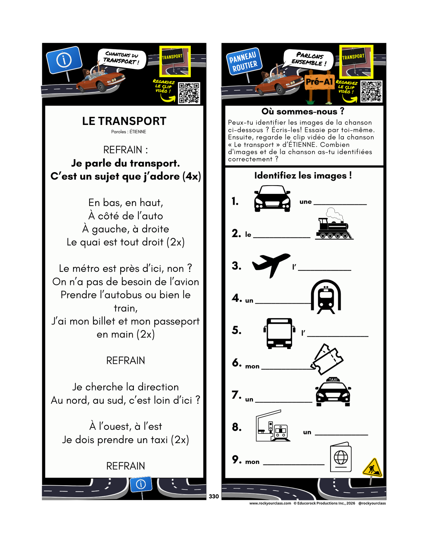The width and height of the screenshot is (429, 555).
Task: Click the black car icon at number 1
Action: coord(272,199)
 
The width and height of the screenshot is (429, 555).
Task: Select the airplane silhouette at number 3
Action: coord(271,264)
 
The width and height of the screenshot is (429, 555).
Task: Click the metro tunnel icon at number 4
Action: coord(326,296)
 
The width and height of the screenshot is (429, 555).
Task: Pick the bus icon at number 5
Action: coord(279,333)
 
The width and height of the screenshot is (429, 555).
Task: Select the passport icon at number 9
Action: coord(341,457)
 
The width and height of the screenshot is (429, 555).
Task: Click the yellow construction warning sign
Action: coord(372,468)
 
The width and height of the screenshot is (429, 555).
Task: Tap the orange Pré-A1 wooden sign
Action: coord(319,82)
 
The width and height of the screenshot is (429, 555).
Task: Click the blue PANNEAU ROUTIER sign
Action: coord(243,61)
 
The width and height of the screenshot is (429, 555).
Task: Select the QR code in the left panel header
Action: coord(189,93)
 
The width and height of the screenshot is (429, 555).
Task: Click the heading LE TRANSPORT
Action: coord(124,121)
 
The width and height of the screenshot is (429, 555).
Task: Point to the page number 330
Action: coord(214,496)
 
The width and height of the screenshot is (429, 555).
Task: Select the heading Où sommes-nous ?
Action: coord(303,112)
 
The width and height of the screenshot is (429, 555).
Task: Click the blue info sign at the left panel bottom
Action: coord(141,484)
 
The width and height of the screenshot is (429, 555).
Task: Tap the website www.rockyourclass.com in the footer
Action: coord(270,503)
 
